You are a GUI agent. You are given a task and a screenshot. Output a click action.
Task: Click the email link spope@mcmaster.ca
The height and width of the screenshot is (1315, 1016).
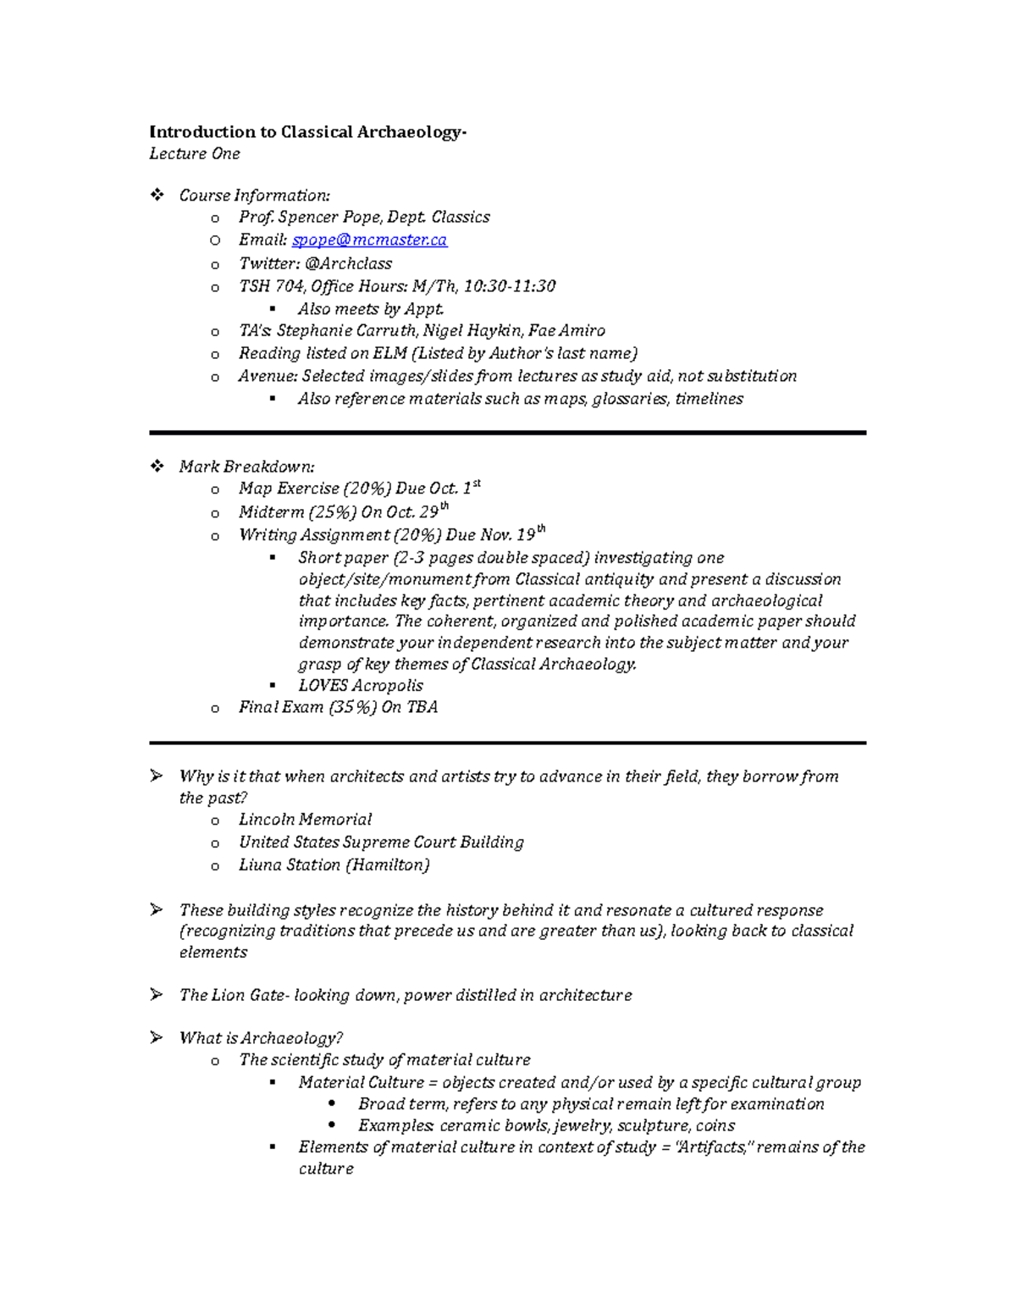[x=369, y=240]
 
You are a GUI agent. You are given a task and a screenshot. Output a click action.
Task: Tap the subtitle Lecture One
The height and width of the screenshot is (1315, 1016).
[x=195, y=154]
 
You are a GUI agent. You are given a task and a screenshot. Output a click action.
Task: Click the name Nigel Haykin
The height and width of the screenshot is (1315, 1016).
[x=471, y=331]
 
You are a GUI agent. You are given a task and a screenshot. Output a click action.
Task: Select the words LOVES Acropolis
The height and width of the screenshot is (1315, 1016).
[x=360, y=686]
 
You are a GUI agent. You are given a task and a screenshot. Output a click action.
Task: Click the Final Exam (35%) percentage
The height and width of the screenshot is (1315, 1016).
[x=352, y=708]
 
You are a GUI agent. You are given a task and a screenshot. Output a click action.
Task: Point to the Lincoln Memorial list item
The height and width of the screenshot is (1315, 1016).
[x=305, y=820]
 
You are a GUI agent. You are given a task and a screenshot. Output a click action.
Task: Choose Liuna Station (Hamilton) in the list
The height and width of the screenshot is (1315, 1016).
[x=334, y=865]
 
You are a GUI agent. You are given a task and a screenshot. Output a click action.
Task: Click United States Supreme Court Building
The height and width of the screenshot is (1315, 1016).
[x=381, y=843]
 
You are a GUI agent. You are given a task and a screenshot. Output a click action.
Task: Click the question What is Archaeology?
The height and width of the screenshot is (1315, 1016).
[x=261, y=1038]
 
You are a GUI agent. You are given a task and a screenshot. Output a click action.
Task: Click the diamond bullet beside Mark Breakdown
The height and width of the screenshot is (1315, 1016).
[x=157, y=467]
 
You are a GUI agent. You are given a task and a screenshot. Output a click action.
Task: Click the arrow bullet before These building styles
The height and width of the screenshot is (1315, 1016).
[x=157, y=910]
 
